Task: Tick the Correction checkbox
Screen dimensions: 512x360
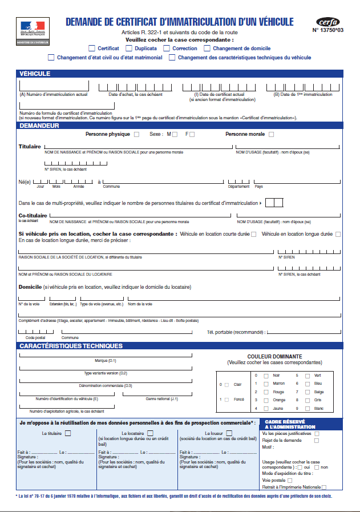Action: coord(167,49)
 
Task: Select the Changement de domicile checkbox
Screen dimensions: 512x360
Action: coord(207,49)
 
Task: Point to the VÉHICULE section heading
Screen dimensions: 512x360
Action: coord(35,74)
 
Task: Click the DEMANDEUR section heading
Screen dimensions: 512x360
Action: coord(39,125)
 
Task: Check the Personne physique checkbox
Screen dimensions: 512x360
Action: coord(136,135)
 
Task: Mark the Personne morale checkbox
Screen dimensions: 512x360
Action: coord(271,135)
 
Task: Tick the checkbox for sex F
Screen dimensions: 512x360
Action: coord(192,135)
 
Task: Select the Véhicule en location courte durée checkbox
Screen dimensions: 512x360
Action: coord(253,234)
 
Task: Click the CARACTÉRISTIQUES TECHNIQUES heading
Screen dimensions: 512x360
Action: coord(71,346)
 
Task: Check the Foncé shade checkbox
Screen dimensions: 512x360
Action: coord(226,400)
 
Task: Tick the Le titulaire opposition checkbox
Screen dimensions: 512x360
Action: coord(68,434)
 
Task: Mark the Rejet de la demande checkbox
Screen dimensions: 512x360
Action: coord(317,440)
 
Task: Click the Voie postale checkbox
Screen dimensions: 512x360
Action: coord(290,481)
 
